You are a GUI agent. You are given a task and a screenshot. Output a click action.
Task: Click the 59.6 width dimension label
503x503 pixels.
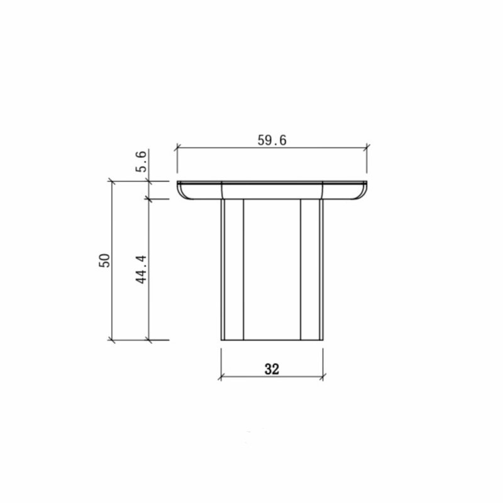click(x=272, y=140)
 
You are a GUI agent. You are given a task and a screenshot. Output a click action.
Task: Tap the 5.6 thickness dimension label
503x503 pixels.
click(x=141, y=161)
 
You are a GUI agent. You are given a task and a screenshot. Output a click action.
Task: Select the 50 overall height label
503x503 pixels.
click(x=104, y=260)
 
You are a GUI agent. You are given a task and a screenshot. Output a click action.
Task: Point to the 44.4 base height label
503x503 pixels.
click(x=141, y=270)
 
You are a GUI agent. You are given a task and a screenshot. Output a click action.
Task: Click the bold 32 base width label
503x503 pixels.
click(x=272, y=369)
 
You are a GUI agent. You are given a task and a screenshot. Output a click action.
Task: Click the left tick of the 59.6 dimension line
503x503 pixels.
click(x=177, y=148)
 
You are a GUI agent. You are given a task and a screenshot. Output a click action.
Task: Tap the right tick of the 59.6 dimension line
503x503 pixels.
click(x=367, y=148)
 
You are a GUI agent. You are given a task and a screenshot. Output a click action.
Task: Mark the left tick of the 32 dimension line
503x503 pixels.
click(x=221, y=377)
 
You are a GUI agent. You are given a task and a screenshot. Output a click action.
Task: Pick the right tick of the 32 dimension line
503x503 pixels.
click(x=323, y=377)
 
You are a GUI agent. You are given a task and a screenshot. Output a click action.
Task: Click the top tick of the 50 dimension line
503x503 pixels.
click(x=111, y=181)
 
